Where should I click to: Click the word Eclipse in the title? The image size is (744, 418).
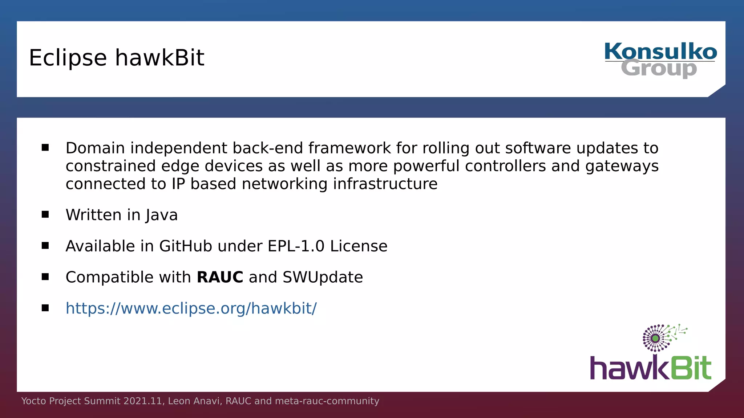[x=68, y=58]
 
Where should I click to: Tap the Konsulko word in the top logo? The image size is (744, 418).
[x=660, y=51]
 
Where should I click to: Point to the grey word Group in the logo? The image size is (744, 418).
[x=659, y=69]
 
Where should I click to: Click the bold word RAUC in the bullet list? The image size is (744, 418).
[x=220, y=277]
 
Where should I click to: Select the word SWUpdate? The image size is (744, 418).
[x=323, y=277]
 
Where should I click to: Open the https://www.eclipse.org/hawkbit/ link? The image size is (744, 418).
[x=191, y=308]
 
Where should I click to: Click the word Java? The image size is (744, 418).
[x=162, y=215]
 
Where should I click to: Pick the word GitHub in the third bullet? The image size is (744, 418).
[x=185, y=246]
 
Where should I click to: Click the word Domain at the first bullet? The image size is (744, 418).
[x=95, y=148]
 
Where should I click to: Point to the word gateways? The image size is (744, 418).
[x=622, y=166]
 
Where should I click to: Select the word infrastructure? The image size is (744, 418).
[x=385, y=184]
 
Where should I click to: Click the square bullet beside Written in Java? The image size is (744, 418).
[x=45, y=214]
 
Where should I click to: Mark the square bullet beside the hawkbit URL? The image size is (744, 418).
[x=45, y=308]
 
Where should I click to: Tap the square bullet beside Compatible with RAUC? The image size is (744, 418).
[x=45, y=277]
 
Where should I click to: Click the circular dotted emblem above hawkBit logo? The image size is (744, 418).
[x=656, y=338]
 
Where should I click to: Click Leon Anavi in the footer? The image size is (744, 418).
[x=195, y=401]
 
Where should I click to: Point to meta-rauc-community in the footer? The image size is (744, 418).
[x=327, y=401]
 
